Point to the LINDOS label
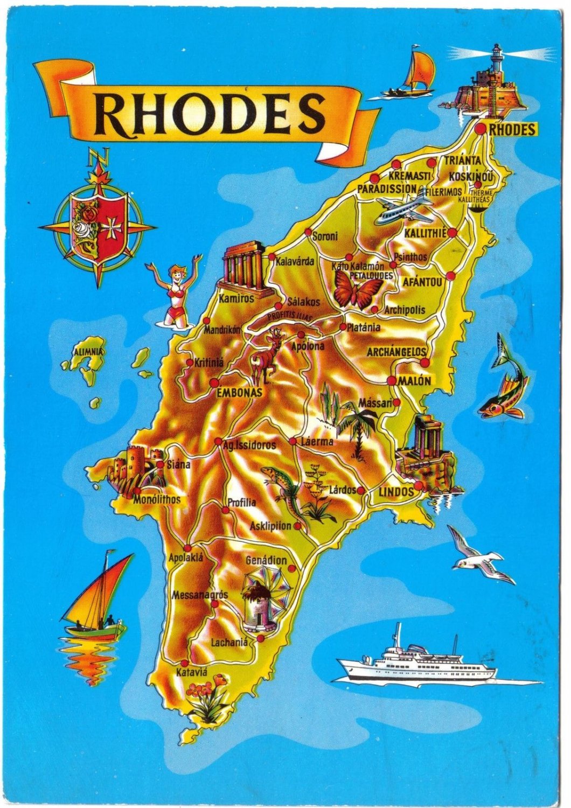coord(396,492)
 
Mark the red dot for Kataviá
coord(185,663)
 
